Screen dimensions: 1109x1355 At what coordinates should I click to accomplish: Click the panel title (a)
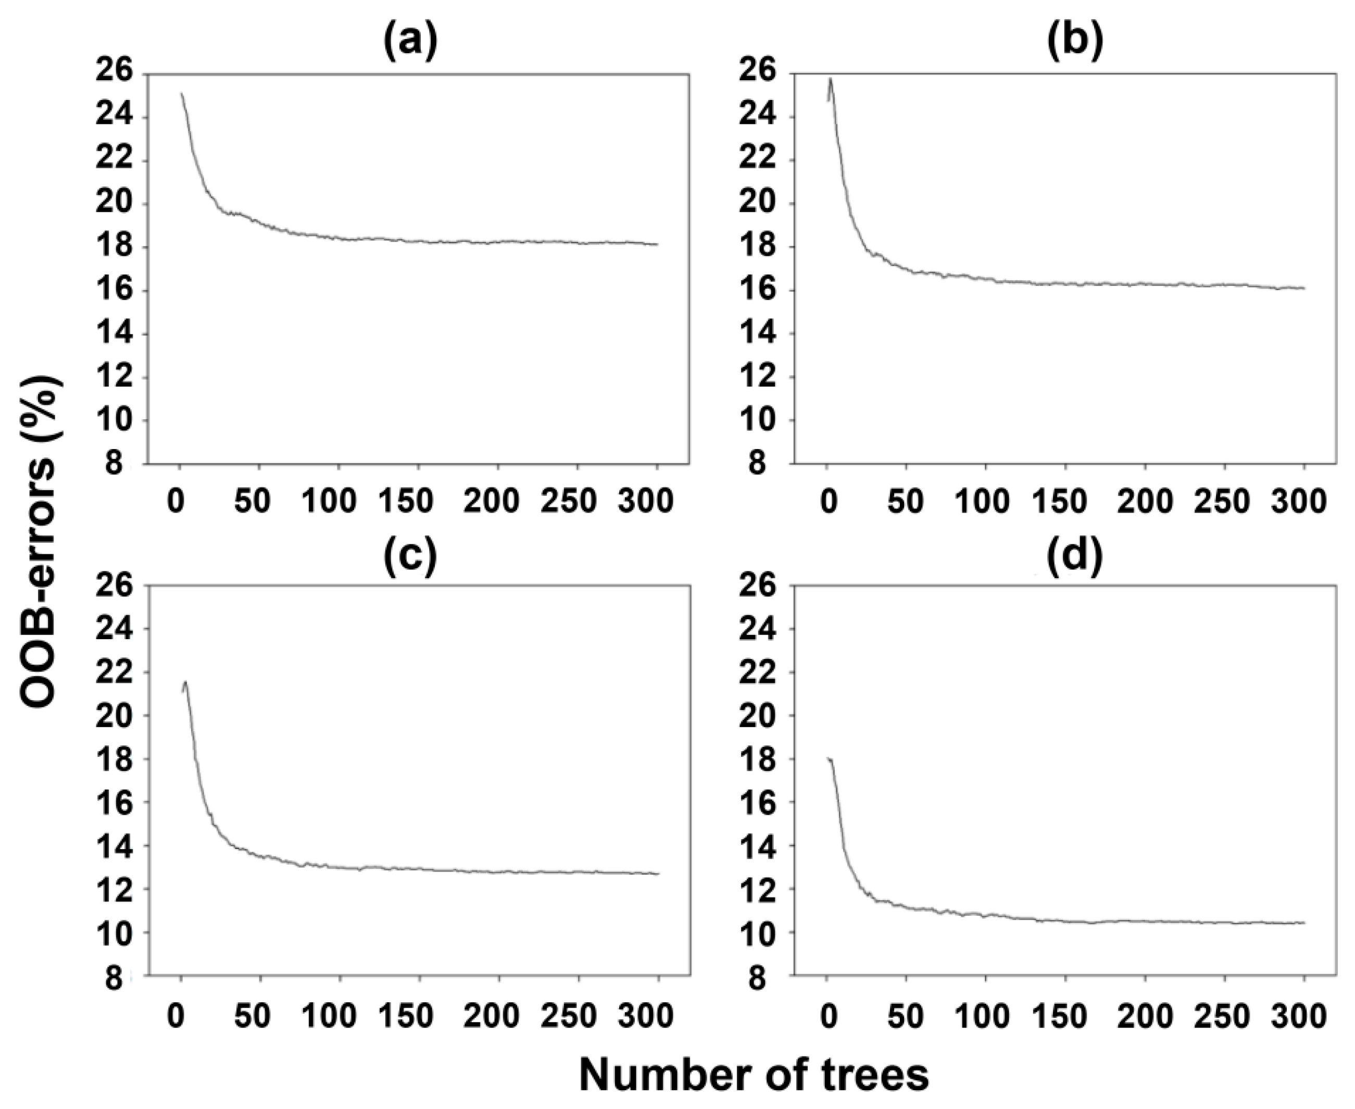pos(410,43)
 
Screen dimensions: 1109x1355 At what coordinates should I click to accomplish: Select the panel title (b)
pos(1075,43)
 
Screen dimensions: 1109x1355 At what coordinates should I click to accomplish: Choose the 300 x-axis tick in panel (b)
pos(1301,502)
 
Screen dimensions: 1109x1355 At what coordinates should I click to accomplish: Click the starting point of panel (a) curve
pos(181,94)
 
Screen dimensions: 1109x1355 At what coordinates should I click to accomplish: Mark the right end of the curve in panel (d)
pos(1303,923)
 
